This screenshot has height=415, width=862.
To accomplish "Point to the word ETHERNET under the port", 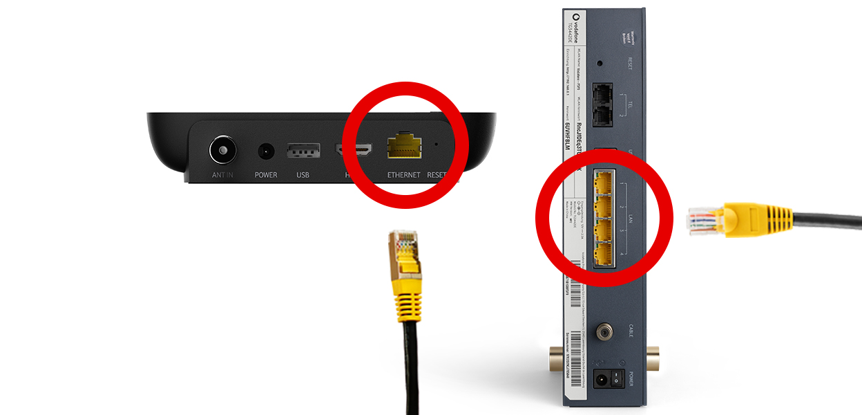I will [x=404, y=176].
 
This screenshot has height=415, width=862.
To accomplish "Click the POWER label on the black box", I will [x=266, y=175].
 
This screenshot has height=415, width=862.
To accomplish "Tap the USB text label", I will [x=303, y=175].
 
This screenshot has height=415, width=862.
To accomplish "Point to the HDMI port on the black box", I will [x=354, y=149].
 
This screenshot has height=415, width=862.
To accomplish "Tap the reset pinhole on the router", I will [x=600, y=63].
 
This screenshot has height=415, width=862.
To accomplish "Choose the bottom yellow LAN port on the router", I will [x=603, y=254].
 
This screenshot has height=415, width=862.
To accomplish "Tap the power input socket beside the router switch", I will [x=600, y=378].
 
